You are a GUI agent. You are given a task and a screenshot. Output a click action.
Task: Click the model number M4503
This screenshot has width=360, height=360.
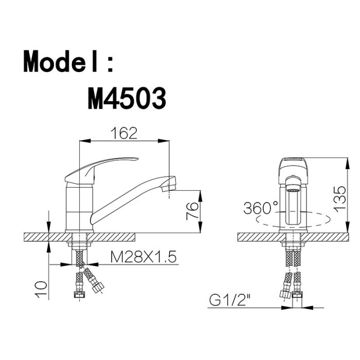click(127, 99)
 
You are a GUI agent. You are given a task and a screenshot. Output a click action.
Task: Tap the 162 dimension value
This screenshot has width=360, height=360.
click(124, 133)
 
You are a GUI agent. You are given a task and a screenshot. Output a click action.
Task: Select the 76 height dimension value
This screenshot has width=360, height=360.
click(192, 211)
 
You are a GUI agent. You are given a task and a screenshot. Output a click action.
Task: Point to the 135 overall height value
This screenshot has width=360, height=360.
click(339, 199)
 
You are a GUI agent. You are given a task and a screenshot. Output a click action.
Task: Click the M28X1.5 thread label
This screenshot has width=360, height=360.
click(143, 257)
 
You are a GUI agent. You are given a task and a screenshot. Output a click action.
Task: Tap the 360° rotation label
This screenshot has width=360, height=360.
click(261, 208)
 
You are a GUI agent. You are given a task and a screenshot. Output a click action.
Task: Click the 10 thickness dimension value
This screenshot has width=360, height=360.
click(41, 289)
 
